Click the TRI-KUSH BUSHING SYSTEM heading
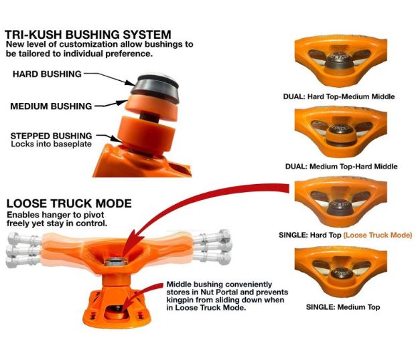point(88,34)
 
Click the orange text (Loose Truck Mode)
point(378,235)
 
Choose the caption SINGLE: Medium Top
point(342,307)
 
